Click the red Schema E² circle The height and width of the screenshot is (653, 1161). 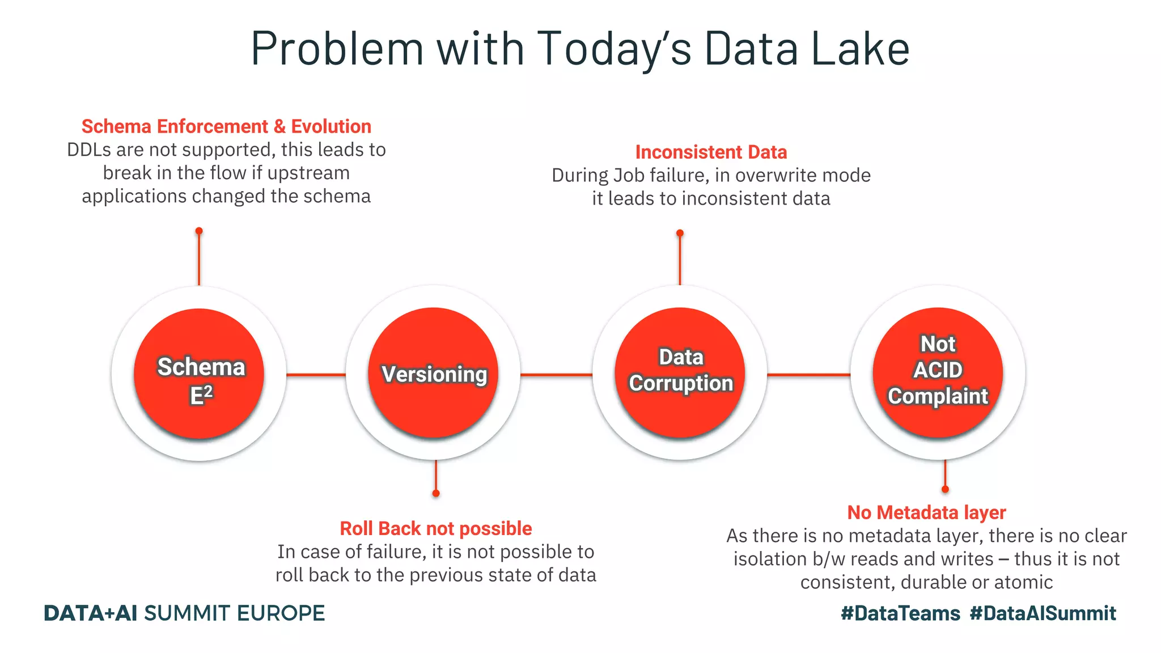click(199, 374)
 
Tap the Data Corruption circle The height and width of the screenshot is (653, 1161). click(680, 373)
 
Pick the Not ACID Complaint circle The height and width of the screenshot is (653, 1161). click(938, 372)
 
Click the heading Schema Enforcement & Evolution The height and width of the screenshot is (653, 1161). click(226, 126)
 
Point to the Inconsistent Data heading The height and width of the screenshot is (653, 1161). click(711, 152)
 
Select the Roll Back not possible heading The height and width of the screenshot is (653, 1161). click(435, 528)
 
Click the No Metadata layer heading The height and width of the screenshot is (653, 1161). click(926, 512)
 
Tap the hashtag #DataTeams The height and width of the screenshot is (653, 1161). click(900, 613)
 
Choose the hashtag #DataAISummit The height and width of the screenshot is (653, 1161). click(1043, 613)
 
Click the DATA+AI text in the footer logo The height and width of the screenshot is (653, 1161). click(91, 613)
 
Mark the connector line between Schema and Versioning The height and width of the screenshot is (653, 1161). click(316, 375)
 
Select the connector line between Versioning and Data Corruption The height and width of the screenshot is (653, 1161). click(556, 375)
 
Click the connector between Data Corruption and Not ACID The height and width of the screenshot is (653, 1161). click(808, 375)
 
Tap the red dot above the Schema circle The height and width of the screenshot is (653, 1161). click(199, 231)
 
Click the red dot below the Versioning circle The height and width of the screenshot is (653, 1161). click(436, 493)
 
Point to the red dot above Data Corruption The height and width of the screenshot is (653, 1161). click(680, 233)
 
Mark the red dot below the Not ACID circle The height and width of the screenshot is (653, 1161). click(945, 489)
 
